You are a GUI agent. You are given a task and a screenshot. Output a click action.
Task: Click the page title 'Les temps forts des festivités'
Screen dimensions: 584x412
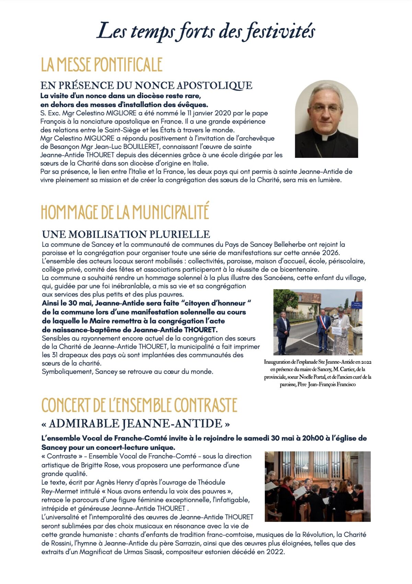tap(206, 32)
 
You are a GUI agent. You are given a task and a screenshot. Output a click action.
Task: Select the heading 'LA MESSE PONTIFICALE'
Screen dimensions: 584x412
tap(102, 65)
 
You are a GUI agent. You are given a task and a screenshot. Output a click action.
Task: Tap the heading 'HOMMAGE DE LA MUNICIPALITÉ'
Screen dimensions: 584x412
tap(125, 212)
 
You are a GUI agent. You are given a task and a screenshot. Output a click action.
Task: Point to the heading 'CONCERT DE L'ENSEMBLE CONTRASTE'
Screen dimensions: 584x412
tap(139, 405)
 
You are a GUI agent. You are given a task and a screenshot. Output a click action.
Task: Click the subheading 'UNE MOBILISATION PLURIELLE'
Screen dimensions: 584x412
tap(126, 234)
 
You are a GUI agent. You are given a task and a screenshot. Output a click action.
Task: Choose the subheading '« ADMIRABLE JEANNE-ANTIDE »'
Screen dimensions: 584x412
tap(136, 424)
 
